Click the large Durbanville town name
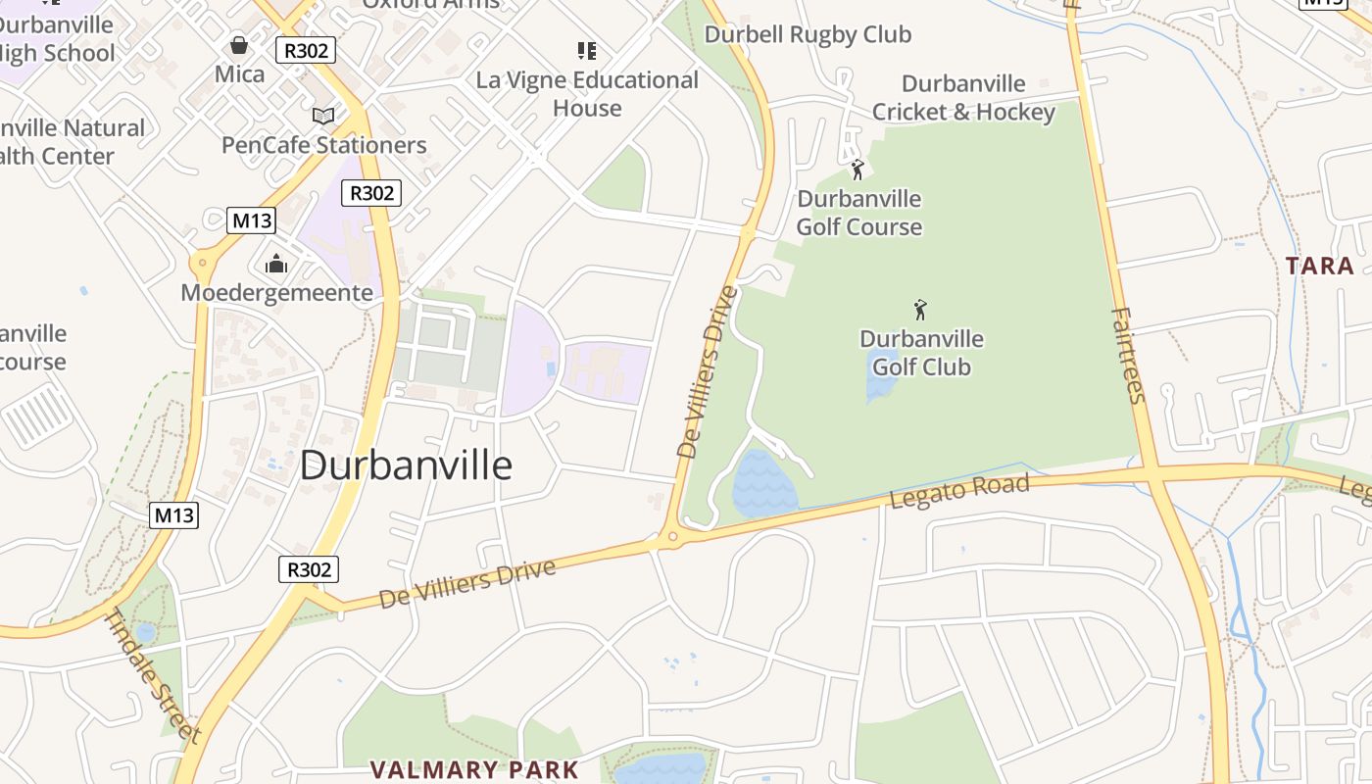pos(406,465)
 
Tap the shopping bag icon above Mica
pos(238,45)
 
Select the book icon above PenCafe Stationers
pos(323,117)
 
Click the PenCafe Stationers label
pos(323,145)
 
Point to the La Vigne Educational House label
pos(587,94)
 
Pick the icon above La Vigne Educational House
pos(587,51)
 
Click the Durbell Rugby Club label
pos(808,35)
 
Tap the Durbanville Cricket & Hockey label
pos(963,98)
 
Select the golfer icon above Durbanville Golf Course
pos(857,170)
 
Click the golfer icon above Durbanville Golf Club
pos(920,311)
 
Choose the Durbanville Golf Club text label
pos(921,353)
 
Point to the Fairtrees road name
pos(1129,355)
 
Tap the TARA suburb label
pos(1319,266)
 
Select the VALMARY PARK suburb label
pos(474,769)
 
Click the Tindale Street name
pos(153,675)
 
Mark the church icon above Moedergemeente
pos(276,264)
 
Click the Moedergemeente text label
pos(276,292)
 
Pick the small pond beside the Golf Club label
pos(880,377)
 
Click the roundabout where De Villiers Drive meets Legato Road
pos(672,536)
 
